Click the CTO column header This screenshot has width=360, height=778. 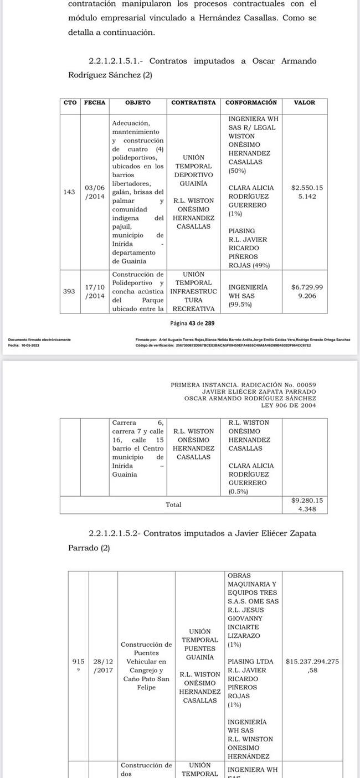pos(70,102)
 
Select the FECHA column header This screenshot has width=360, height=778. pos(94,102)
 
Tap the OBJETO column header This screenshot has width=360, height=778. pos(137,102)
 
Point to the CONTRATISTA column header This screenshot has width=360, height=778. pos(193,102)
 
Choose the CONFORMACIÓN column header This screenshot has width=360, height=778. pos(251,102)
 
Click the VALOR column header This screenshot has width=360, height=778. pos(305,102)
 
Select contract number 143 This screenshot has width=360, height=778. pos(70,192)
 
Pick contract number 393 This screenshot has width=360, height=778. pos(70,291)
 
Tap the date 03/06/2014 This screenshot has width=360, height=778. pos(94,192)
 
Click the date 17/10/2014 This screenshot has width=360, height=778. pos(95,291)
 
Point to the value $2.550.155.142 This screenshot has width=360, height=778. pos(307,192)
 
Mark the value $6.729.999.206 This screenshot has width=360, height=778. pos(307,291)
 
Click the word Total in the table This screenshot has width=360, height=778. pos(173,504)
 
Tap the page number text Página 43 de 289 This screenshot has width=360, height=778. pos(192,323)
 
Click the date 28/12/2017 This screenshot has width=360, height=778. pos(103,666)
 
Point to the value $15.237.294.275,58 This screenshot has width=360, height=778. pos(312,666)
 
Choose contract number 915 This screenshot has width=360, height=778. pos(79,662)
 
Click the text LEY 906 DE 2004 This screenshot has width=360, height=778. pos(288,405)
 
